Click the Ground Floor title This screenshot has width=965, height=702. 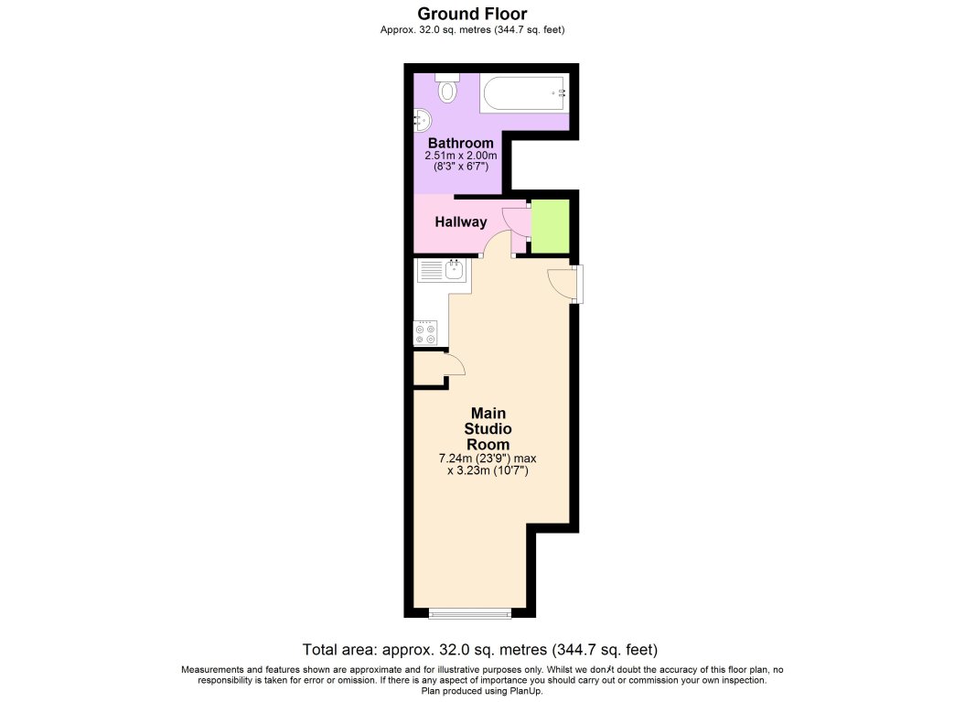[472, 14]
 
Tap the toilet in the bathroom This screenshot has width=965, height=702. [447, 88]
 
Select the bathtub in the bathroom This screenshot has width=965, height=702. [524, 93]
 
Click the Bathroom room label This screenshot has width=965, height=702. [461, 143]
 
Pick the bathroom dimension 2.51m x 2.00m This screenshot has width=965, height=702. [461, 156]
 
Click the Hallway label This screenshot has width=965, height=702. [461, 221]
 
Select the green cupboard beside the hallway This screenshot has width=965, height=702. [551, 226]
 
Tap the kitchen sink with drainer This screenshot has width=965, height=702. [442, 270]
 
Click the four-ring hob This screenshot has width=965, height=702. [425, 333]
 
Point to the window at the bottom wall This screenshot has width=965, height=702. [469, 613]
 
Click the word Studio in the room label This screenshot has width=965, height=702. [488, 428]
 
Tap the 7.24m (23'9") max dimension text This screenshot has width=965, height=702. [488, 459]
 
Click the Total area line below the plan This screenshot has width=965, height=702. [480, 650]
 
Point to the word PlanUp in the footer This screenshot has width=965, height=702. [526, 691]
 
